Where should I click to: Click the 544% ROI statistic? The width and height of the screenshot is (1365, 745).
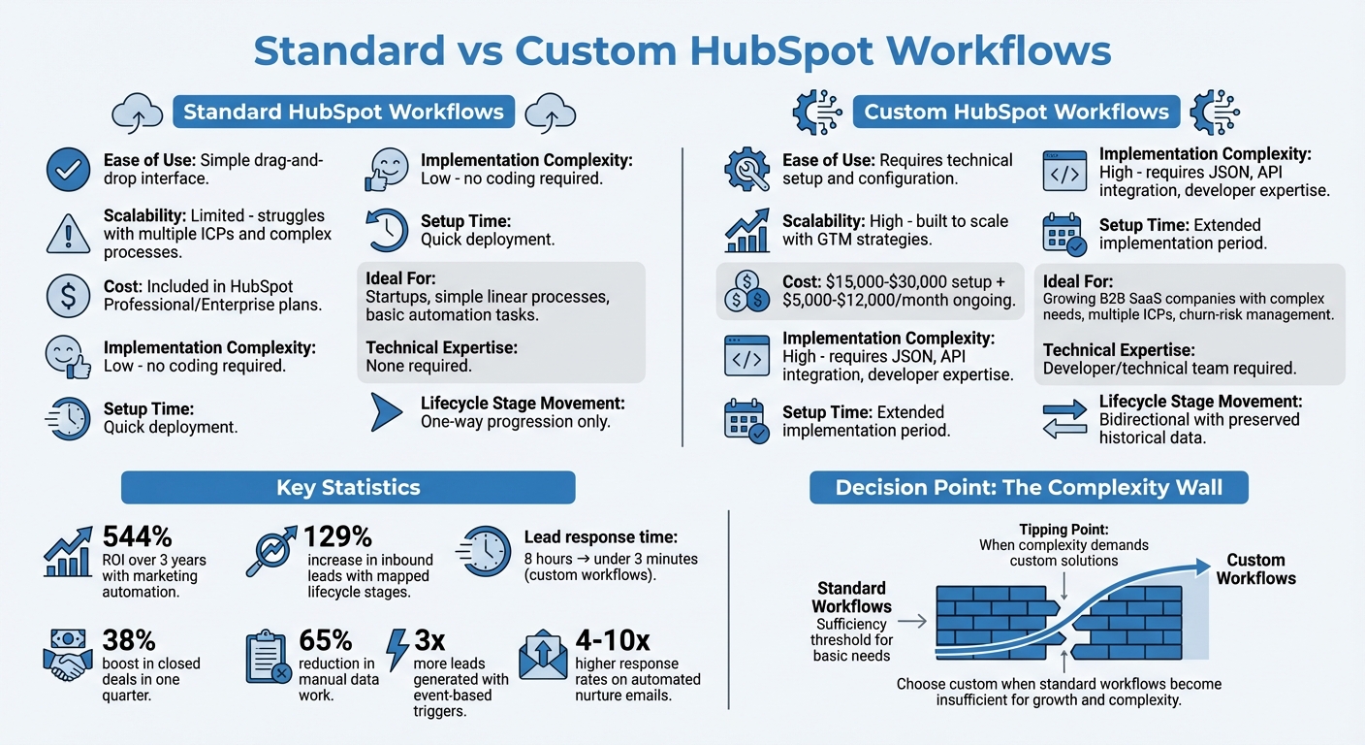pos(137,537)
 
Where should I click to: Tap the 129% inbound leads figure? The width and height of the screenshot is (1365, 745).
pos(337,537)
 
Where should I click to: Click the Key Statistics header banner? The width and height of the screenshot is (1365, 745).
pos(348,487)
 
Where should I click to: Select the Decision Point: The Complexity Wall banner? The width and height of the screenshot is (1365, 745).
pos(1029,487)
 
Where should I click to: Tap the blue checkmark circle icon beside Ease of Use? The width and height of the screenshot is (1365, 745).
pos(69,170)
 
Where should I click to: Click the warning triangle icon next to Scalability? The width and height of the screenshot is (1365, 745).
pos(69,233)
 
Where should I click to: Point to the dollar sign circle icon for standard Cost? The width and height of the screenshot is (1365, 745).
pos(69,296)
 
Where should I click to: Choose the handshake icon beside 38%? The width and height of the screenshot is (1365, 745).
pos(69,655)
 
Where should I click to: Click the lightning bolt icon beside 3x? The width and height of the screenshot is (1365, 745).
pos(397,649)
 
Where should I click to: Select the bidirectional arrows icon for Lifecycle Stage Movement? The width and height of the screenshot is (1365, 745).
pos(1063,418)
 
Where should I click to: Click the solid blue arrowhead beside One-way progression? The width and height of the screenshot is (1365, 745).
pos(387,412)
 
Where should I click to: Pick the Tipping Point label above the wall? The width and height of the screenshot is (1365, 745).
pos(1063,530)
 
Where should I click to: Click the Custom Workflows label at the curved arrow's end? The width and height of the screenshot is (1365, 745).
pos(1255,569)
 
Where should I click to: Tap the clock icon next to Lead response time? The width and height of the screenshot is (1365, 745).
pos(482,550)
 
